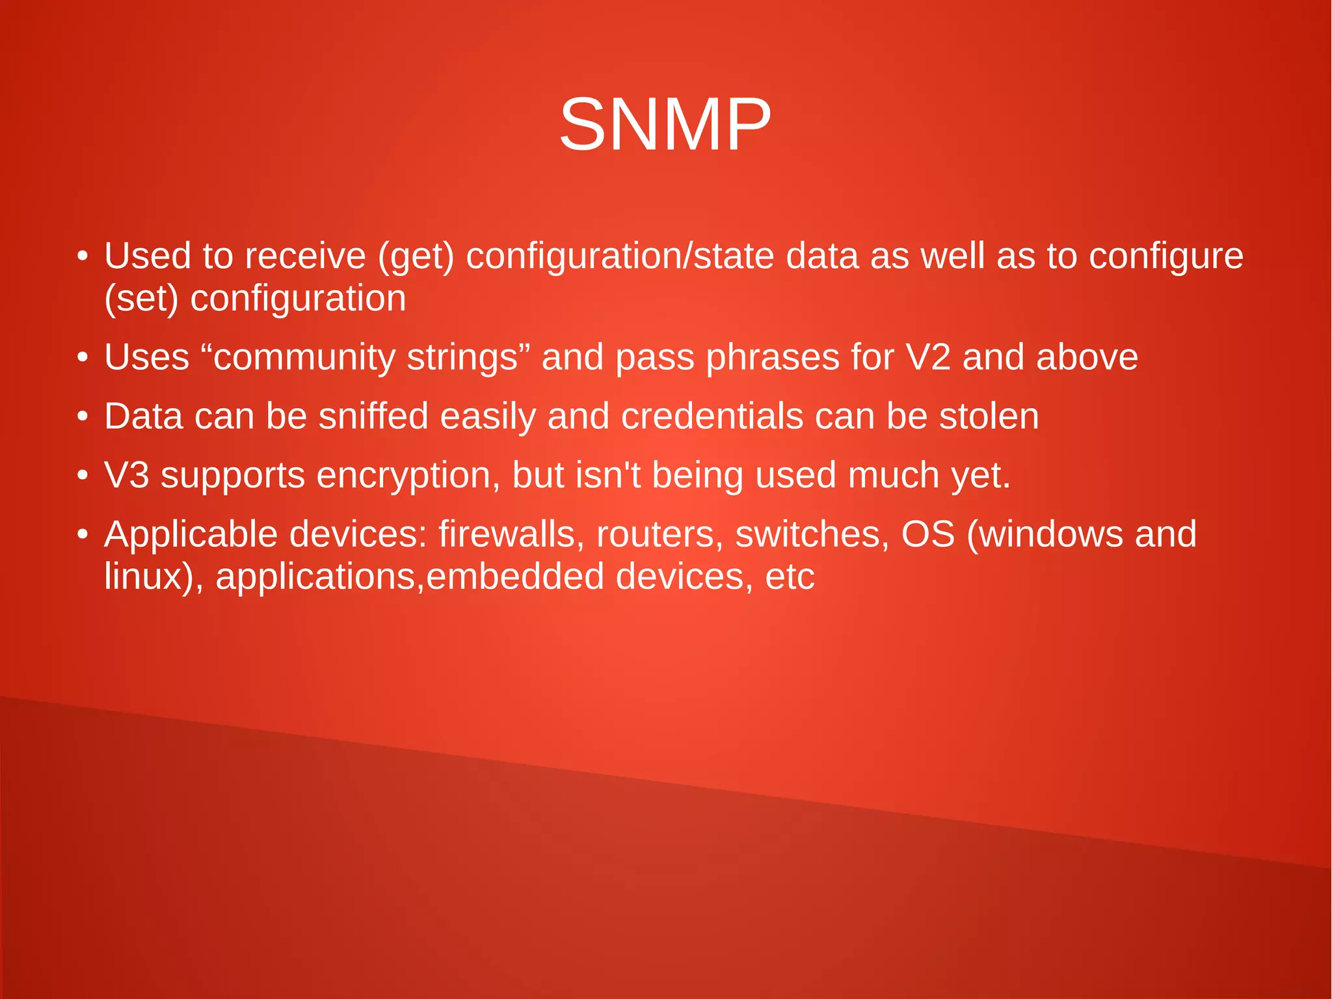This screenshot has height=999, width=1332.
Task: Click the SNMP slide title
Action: pyautogui.click(x=665, y=124)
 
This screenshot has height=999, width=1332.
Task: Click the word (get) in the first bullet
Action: pyautogui.click(x=416, y=256)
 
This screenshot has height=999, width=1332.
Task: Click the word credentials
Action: pyautogui.click(x=712, y=417)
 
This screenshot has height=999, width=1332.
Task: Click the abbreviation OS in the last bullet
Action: pyautogui.click(x=927, y=534)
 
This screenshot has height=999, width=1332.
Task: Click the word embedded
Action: pyautogui.click(x=516, y=577)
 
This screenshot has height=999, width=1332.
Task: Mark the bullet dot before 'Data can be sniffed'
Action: pyautogui.click(x=82, y=417)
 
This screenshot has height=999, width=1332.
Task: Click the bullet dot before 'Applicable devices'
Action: pyautogui.click(x=82, y=535)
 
